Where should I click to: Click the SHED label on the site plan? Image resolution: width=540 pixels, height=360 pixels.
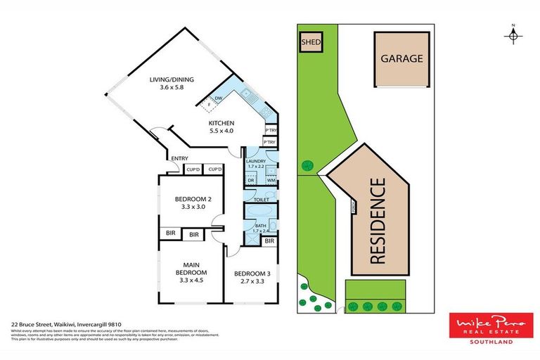click(311, 42)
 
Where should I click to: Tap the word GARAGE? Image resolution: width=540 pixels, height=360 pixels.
click(401, 58)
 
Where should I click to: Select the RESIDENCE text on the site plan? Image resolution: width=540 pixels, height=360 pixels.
click(378, 221)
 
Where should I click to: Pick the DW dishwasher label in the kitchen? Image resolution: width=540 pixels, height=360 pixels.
click(219, 98)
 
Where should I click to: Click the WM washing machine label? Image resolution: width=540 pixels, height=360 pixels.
click(271, 181)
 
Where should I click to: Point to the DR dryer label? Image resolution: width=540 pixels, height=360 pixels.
click(251, 181)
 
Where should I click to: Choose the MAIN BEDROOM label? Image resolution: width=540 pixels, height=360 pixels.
click(191, 272)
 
